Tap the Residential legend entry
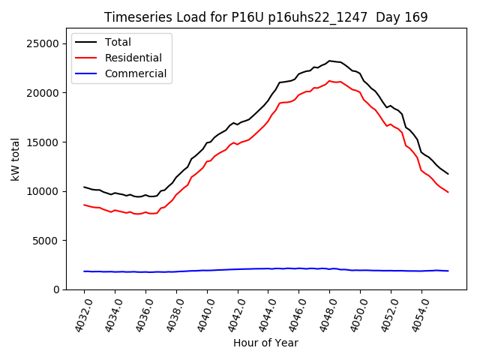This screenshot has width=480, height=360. point(133,58)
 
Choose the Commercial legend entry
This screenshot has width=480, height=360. point(136,73)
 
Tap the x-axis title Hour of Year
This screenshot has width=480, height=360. point(265,343)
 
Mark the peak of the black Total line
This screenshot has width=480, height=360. point(329,61)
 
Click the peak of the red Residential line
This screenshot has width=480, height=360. point(329,80)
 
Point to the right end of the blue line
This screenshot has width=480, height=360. point(448,271)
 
